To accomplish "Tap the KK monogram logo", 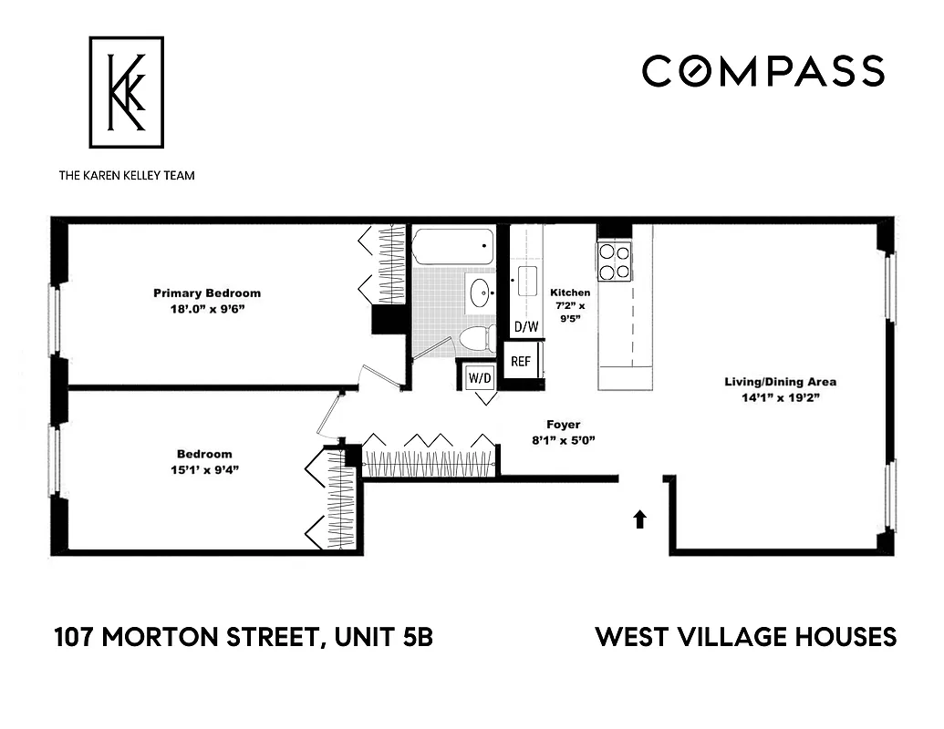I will point(126,92).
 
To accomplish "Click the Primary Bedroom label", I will point(206,293).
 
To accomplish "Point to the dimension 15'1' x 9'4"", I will point(204,470).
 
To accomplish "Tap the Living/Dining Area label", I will point(780,382).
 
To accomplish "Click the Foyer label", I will point(563,425).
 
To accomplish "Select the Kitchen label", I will point(570,293).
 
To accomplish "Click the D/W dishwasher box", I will point(525,327).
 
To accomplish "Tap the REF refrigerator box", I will point(521,362).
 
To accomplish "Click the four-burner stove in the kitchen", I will point(616,262).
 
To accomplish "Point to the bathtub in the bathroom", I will point(452,246).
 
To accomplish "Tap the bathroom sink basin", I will point(481,293).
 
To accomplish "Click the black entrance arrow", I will point(639,519).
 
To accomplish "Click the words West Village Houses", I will point(746,637).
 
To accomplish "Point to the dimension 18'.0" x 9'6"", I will point(206,310).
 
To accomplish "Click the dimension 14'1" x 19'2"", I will point(780,397).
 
